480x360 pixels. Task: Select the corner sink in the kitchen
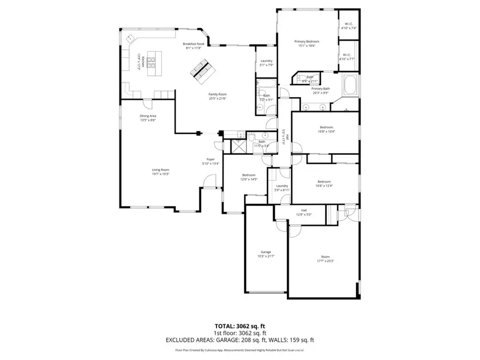click(130, 39)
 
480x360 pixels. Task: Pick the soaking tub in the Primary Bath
click(351, 86)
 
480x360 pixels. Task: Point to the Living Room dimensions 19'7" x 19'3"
click(161, 174)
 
